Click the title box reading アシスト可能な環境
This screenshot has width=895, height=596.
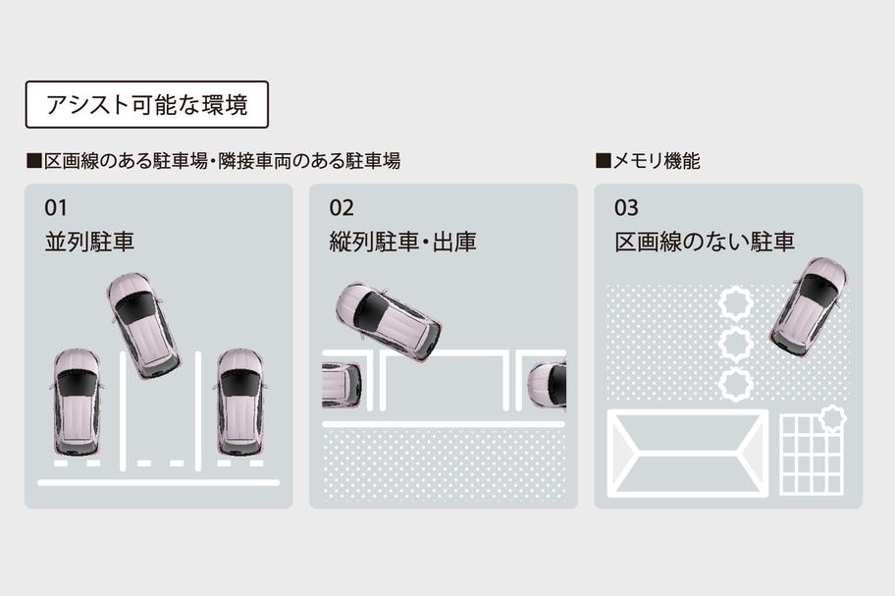point(146,105)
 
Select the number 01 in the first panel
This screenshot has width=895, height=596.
point(57,208)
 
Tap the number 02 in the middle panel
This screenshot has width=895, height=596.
point(342,208)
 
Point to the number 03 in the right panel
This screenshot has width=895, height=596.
point(626,208)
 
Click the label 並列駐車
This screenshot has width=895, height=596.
point(89,242)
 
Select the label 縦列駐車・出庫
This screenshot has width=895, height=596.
point(402,242)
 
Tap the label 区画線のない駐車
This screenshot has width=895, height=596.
point(705,242)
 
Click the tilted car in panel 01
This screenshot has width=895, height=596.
point(143,324)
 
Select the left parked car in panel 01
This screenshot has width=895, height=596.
point(77,401)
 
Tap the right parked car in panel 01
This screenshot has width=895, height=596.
point(240,401)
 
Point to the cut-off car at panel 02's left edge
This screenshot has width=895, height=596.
point(339,384)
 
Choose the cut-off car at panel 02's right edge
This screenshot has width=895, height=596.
point(549,384)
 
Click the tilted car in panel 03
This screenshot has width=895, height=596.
point(809,306)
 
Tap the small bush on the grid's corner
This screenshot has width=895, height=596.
point(832,419)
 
